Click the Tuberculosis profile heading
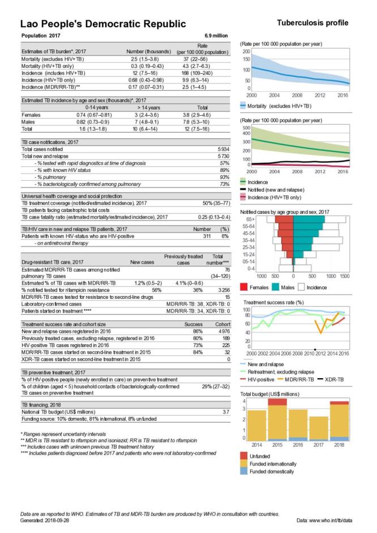(312, 23)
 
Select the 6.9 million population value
(216, 36)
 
